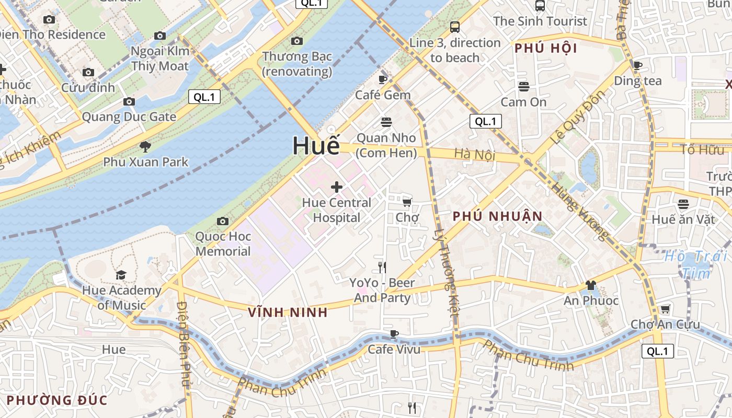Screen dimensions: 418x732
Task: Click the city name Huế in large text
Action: click(x=316, y=146)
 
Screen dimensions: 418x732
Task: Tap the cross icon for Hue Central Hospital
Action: click(x=337, y=187)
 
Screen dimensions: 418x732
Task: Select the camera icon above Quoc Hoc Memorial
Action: click(x=223, y=221)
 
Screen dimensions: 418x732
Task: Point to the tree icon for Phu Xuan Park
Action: click(x=145, y=147)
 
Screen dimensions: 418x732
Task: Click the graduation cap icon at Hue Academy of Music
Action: click(x=121, y=275)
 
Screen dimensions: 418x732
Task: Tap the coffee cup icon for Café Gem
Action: click(x=383, y=79)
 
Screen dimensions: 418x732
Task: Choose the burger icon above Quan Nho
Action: click(x=386, y=122)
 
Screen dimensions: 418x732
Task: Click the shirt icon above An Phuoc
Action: click(x=591, y=285)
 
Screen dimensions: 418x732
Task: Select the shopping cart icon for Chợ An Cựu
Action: click(x=665, y=309)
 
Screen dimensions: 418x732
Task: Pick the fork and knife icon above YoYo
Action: click(x=382, y=268)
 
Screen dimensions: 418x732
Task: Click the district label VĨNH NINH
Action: click(x=288, y=312)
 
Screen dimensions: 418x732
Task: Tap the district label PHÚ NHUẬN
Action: click(x=498, y=216)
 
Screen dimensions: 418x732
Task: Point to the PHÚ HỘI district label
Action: click(x=545, y=49)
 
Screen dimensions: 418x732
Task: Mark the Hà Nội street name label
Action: click(x=474, y=154)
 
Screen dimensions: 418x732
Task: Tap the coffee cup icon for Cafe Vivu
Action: click(x=394, y=334)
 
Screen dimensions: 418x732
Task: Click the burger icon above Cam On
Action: click(x=523, y=86)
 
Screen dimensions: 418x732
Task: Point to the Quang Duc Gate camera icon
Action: click(x=129, y=101)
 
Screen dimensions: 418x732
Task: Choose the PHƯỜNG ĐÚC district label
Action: click(x=56, y=401)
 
